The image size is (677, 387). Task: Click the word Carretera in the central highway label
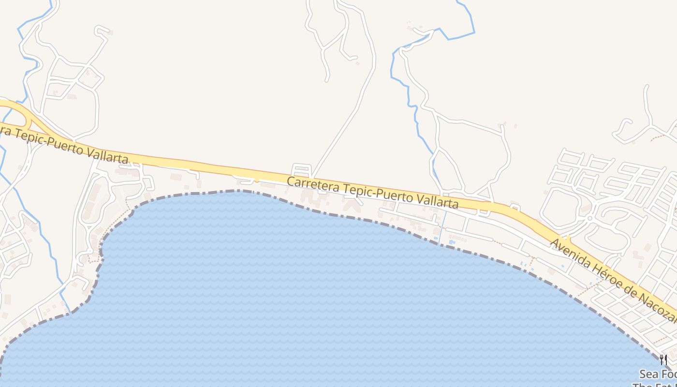(308, 184)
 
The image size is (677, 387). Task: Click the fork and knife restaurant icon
(663, 360)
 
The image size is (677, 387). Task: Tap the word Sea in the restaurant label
(649, 374)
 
